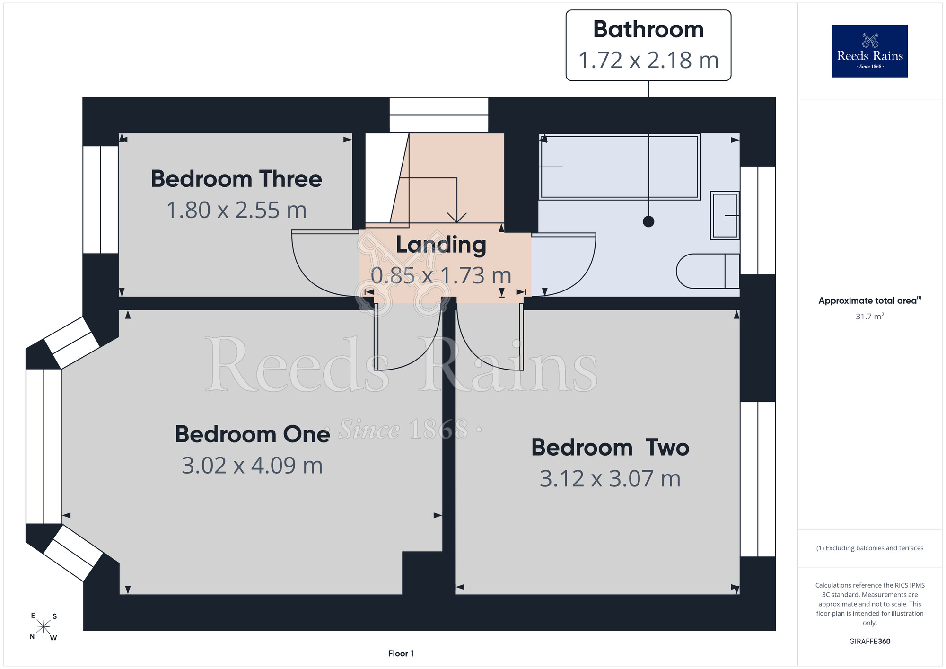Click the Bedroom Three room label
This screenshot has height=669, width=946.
pos(236,179)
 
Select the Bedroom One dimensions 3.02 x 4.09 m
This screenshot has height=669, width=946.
pos(252,466)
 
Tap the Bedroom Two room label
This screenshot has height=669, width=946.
pos(610,447)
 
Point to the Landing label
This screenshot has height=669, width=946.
pos(441,245)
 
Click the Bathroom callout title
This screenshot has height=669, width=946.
pos(648,29)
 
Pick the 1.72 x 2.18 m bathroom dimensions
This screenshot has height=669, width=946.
pos(648,60)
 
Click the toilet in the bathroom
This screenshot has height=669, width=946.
pos(708,271)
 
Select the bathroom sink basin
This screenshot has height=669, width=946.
pos(725,215)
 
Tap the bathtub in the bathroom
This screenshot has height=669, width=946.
pos(620,167)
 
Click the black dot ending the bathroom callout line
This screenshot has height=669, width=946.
pos(648,221)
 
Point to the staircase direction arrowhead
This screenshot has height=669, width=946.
pos(456,218)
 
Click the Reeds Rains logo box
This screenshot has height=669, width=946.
pos(869,51)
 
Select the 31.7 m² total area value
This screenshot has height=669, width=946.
pos(869,316)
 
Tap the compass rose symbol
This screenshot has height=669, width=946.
pos(44,627)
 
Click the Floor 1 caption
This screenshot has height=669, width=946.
pos(401,653)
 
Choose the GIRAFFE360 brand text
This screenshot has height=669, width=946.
pos(869,642)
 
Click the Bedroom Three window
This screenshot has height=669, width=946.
pos(101,200)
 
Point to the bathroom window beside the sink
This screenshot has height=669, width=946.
pos(758,220)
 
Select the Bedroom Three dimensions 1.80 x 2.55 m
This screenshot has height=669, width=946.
pos(236,210)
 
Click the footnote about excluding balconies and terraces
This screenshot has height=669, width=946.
pos(869,548)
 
